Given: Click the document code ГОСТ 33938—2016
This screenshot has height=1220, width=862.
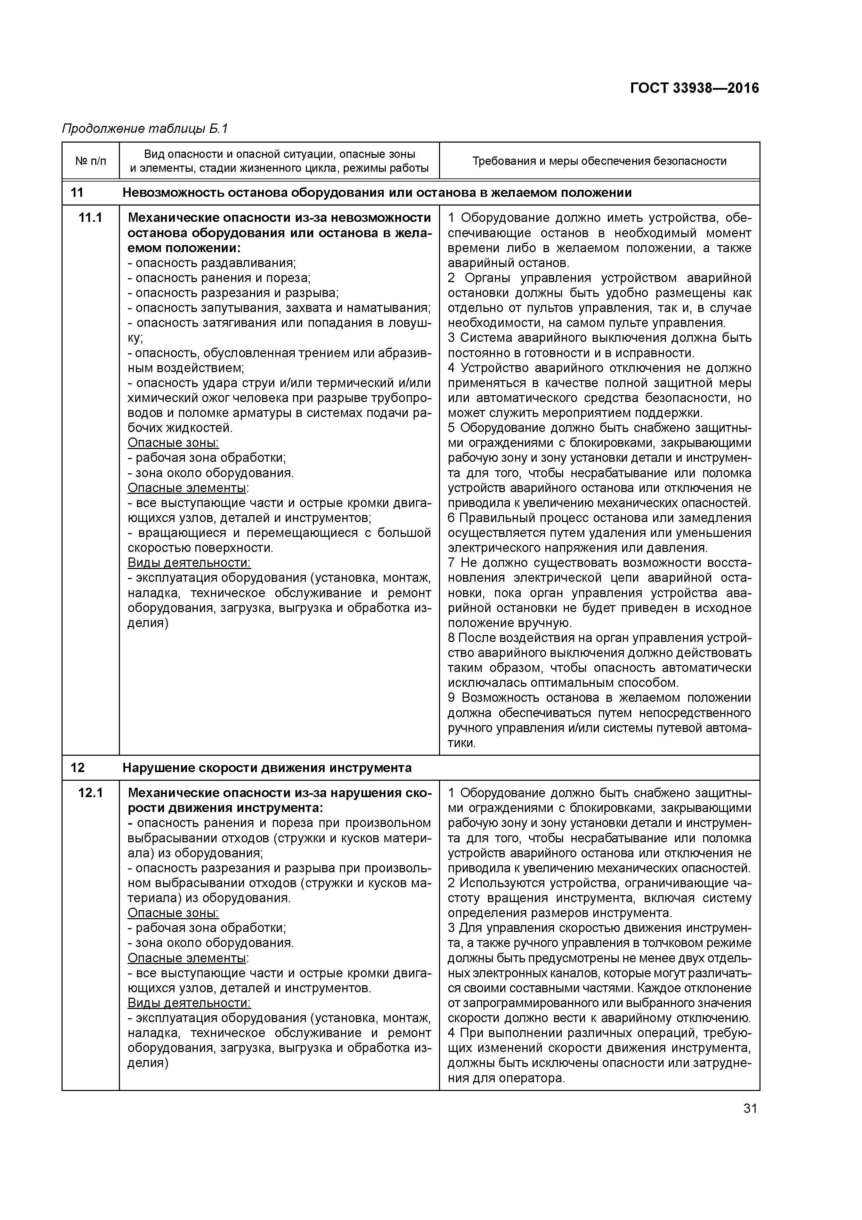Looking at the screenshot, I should coord(694,88).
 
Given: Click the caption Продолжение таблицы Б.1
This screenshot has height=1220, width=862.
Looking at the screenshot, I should coord(145,129).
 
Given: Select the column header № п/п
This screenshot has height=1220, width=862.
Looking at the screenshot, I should coord(90,160).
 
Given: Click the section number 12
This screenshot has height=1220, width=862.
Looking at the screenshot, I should coord(77,768).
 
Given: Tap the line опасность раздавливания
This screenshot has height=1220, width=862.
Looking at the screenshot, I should coord(212,263).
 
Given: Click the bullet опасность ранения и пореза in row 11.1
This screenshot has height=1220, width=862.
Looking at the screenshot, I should coord(219,278).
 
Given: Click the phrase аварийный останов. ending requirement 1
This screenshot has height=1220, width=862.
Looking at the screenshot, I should coord(508,263).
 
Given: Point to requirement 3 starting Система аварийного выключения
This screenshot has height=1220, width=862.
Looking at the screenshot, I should coord(599,338).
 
